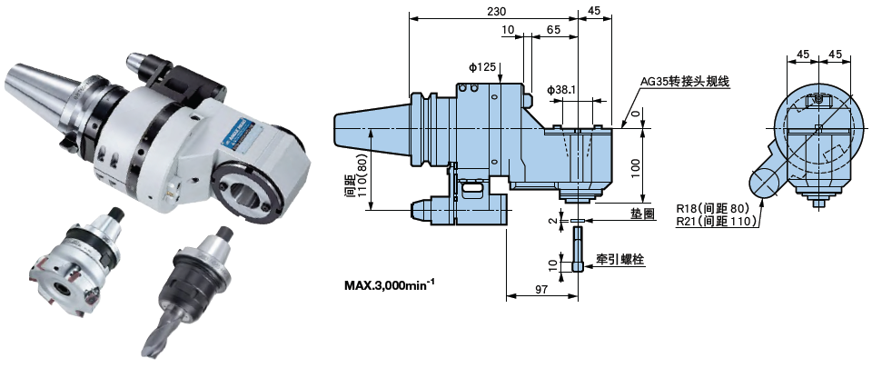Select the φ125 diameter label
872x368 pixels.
(482, 67)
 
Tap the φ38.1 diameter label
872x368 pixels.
(562, 90)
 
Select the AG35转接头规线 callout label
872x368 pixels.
(685, 81)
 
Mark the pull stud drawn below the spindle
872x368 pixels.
(579, 247)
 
